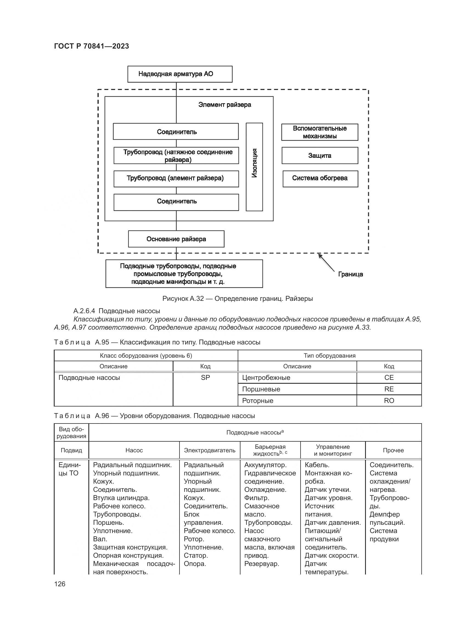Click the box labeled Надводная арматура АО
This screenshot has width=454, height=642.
[x=180, y=74]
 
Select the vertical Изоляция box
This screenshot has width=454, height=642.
[x=254, y=167]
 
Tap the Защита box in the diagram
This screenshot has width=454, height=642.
[x=320, y=155]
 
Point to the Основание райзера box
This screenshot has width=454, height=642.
[x=176, y=239]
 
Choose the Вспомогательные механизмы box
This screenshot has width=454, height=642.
[x=320, y=132]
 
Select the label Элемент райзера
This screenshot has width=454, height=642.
[x=225, y=105]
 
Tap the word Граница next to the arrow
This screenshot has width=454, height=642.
[x=350, y=274]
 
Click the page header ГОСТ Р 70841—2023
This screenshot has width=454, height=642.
[x=91, y=46]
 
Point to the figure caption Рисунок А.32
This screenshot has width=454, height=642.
[x=237, y=299]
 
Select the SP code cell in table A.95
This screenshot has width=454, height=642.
[x=205, y=378]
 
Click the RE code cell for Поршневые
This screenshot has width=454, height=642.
[x=389, y=389]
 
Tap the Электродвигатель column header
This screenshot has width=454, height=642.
[x=209, y=450]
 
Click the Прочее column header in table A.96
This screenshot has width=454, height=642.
[x=393, y=450]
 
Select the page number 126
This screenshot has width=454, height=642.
[x=60, y=584]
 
